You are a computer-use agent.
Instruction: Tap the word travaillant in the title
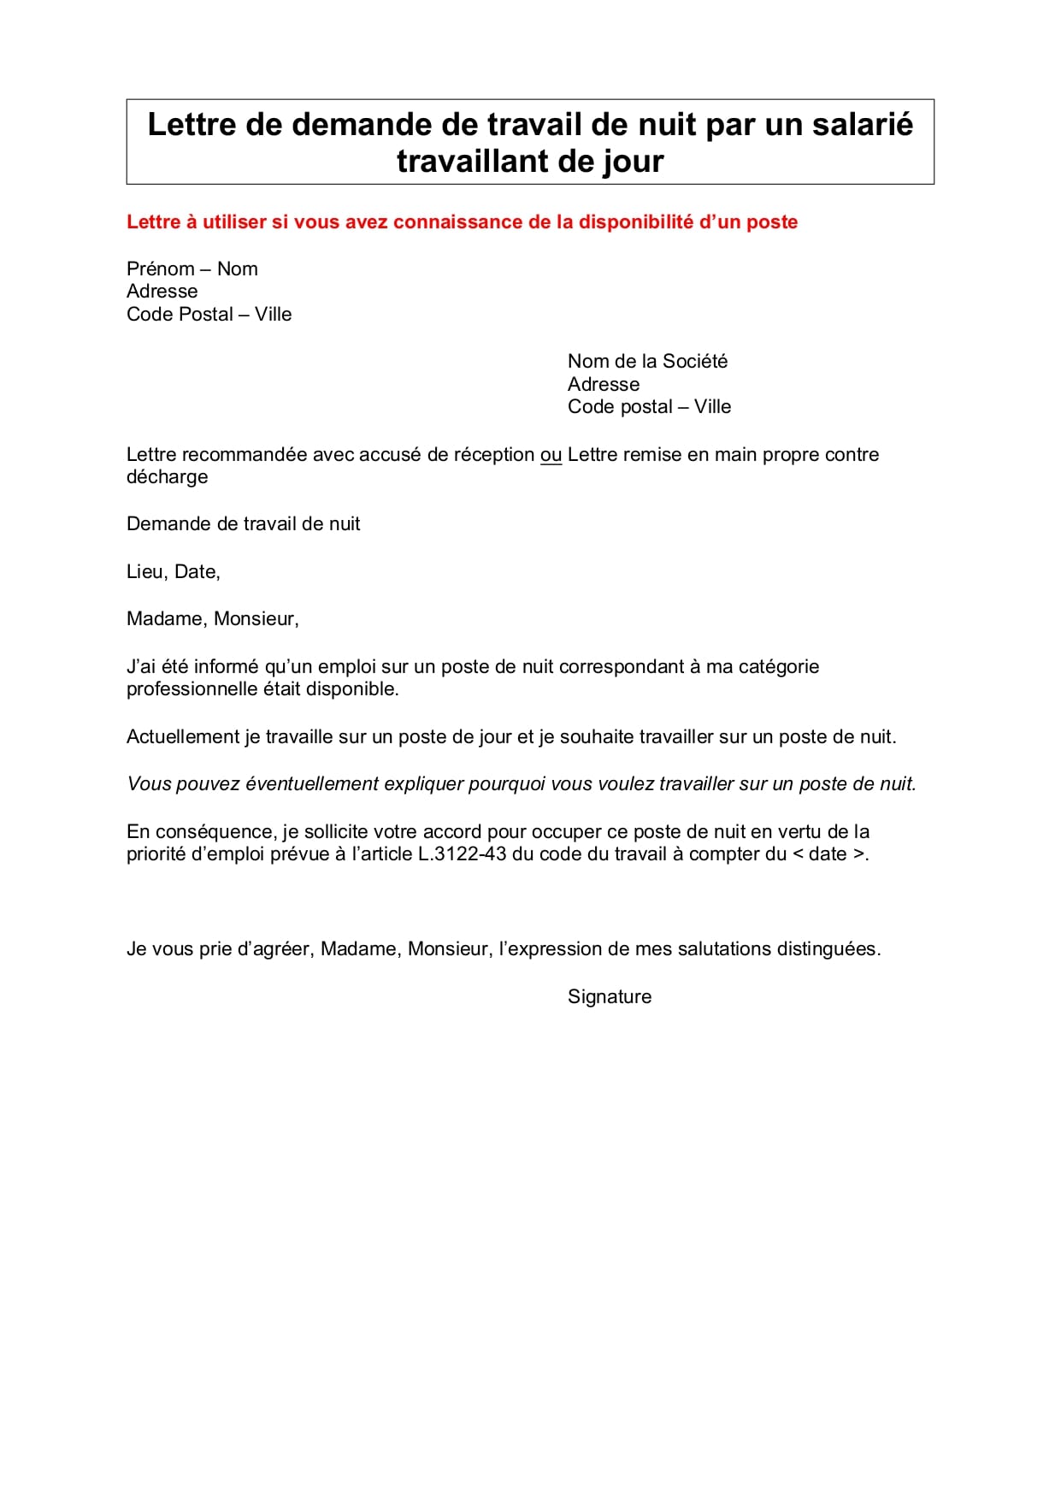465,162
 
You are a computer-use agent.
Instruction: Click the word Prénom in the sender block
161,269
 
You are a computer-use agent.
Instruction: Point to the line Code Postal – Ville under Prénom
209,315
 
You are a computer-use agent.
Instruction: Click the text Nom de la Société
647,362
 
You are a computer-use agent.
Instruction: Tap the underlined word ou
551,455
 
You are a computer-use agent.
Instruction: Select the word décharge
167,477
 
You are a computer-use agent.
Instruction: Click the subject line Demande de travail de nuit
243,524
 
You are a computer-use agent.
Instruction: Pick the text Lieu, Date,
173,572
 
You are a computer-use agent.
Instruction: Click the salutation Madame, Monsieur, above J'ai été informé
212,619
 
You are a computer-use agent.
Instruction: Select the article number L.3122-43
462,854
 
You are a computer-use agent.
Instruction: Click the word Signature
609,997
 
